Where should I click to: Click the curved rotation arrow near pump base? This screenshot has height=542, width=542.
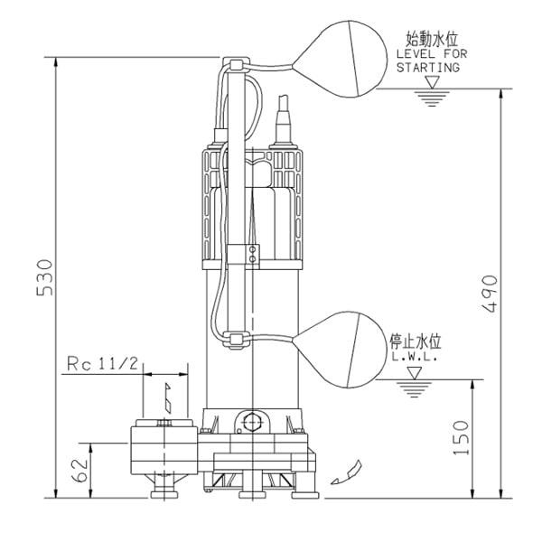348,471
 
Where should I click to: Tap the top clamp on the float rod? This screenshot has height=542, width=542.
236,66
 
